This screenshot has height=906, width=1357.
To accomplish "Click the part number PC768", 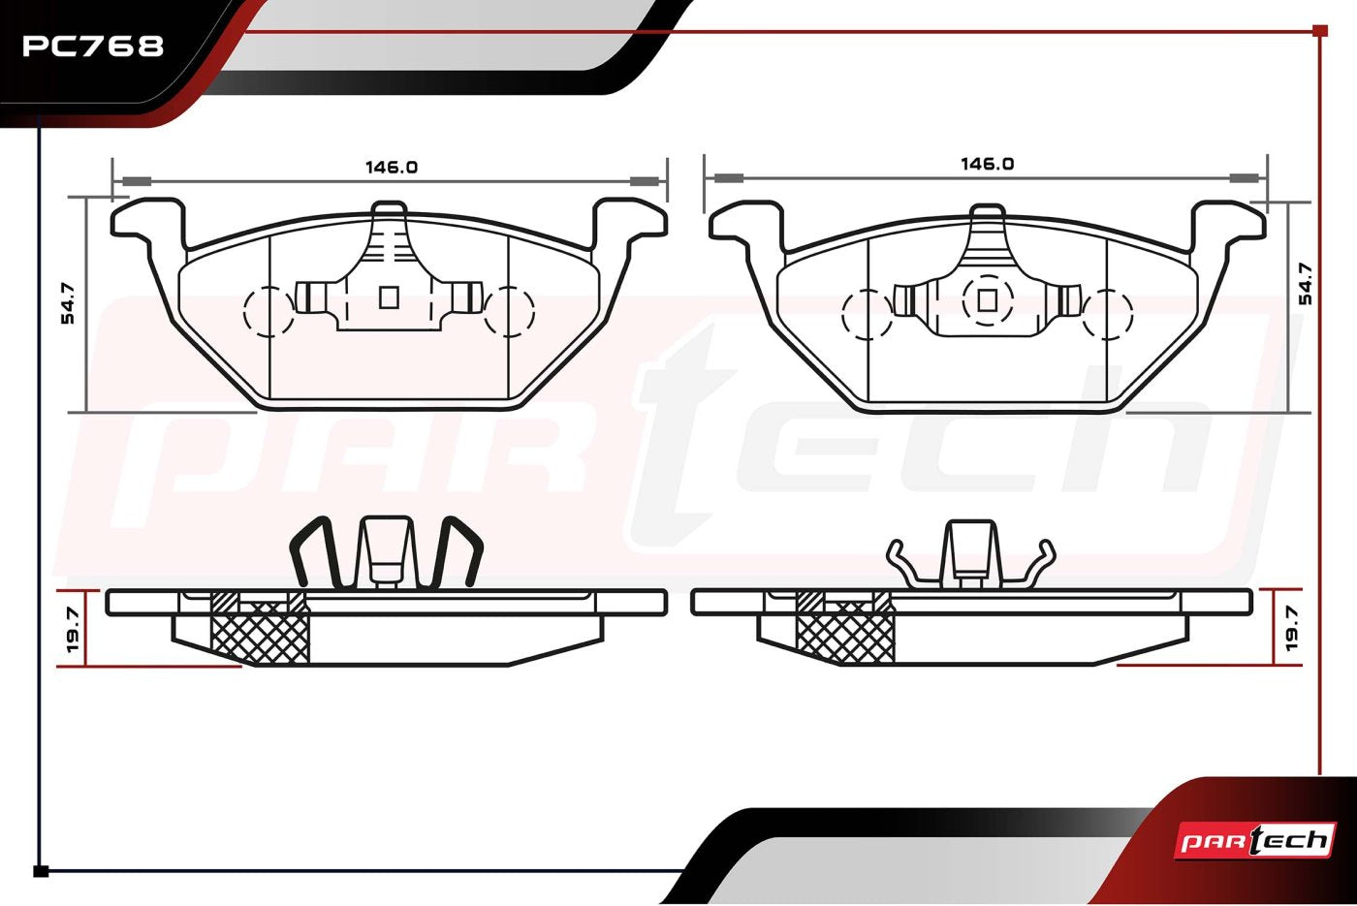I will coord(93,46).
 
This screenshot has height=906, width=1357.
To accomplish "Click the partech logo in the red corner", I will coord(1255,840).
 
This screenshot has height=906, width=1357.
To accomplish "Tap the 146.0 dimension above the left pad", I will coord(391,167).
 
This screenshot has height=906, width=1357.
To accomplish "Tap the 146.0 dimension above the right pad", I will coord(987,164).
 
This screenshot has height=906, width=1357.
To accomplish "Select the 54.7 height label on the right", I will coord(1305,283).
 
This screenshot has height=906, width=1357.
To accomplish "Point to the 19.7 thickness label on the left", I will coord(72,630).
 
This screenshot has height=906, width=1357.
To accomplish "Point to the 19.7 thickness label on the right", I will coord(1291,628).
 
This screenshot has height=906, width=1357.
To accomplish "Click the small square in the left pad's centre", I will coord(389,297).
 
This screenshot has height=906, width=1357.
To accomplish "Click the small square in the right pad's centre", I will coord(987,300).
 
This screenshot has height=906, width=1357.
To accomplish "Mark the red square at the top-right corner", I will coord(1319,31).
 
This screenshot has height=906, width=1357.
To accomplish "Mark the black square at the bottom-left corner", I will coord(41,871).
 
